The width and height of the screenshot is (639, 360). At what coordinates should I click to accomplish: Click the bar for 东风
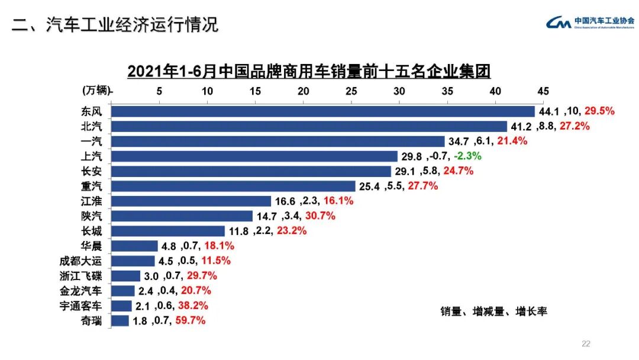(322, 111)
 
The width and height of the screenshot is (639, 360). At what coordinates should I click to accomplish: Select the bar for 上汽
(254, 156)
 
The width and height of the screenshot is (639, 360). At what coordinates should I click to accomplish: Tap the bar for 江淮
(191, 201)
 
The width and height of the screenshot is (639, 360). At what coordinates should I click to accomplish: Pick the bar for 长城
(168, 231)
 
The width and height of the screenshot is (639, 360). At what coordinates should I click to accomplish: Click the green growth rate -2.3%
(467, 156)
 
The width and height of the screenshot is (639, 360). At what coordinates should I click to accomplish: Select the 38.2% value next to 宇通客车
(195, 306)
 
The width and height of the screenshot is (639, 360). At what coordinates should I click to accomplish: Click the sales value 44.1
(548, 111)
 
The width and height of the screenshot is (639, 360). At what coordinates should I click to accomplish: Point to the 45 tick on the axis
(543, 91)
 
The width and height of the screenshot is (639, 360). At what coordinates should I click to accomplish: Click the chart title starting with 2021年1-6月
(309, 72)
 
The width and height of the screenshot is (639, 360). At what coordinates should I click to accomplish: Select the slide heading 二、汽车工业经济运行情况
(115, 24)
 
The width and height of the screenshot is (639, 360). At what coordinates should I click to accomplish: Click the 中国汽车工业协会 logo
(589, 22)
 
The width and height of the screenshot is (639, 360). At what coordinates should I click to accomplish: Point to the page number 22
(586, 343)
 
